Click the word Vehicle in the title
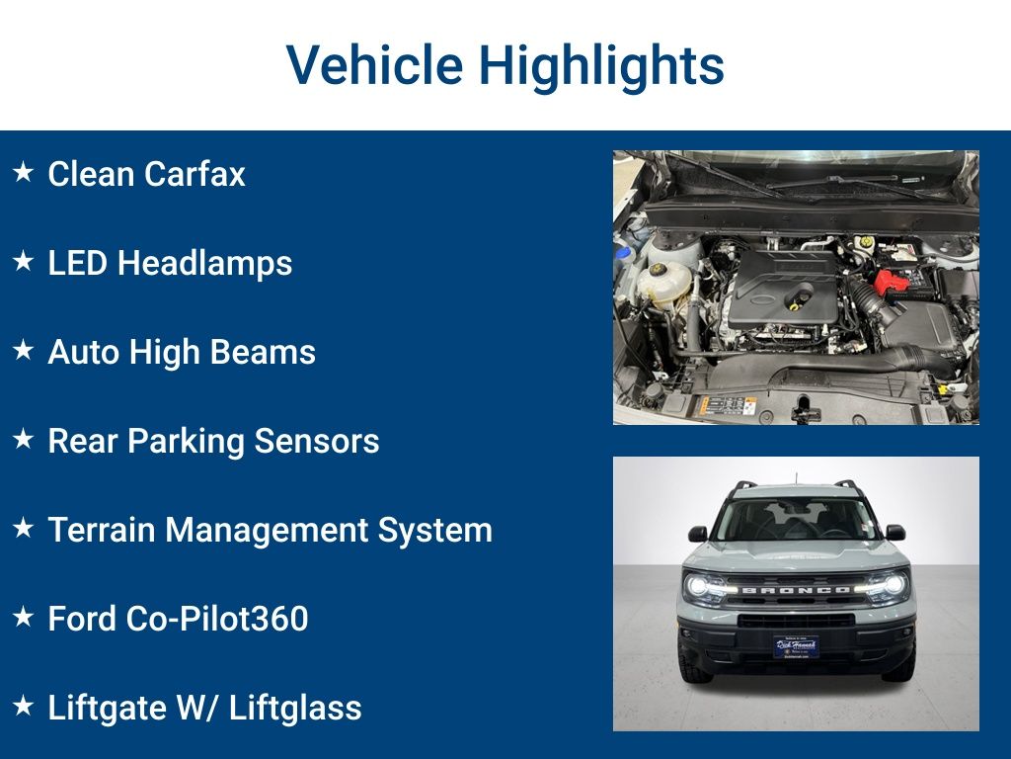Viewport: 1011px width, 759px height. click(374, 64)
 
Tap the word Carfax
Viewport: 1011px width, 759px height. click(194, 174)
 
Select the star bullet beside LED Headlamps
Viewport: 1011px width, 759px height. click(24, 261)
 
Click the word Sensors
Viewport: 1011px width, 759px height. click(317, 441)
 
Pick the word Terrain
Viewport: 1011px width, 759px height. click(102, 530)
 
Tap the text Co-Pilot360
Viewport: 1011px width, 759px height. click(216, 619)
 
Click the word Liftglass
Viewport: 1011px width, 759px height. click(295, 708)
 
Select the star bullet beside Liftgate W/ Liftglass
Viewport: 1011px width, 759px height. click(24, 706)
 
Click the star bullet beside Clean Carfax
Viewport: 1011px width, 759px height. click(24, 172)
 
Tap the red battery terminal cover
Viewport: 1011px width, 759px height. click(891, 282)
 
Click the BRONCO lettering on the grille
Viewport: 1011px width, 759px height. click(796, 590)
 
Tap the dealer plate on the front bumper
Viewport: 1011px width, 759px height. click(797, 646)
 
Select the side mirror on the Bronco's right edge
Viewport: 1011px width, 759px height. click(894, 533)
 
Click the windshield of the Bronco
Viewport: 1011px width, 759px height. click(796, 520)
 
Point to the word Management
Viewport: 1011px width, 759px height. click(267, 531)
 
